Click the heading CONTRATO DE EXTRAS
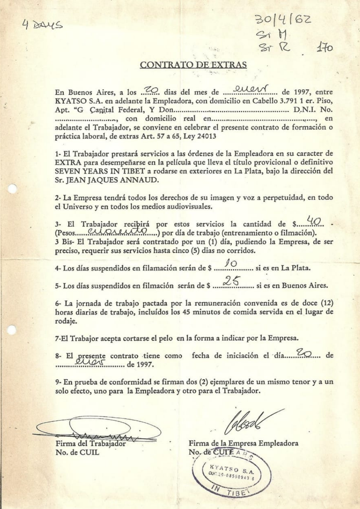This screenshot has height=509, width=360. (x=193, y=65)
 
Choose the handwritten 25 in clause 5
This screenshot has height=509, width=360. (x=232, y=282)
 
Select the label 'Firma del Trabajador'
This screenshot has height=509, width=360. (x=91, y=443)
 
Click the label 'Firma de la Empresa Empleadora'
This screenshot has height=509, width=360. (x=243, y=443)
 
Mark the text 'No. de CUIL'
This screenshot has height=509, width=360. (x=77, y=452)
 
